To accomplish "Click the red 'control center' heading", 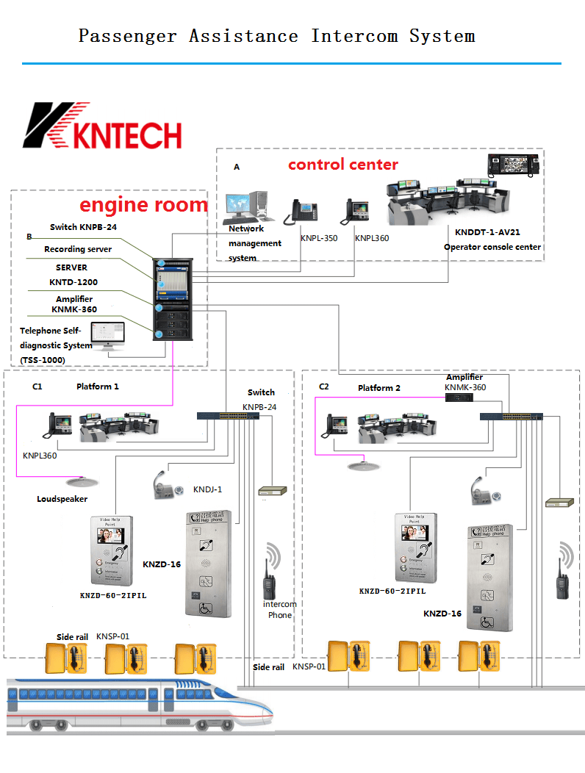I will tap(342, 165).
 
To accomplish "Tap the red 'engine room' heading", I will tap(143, 204).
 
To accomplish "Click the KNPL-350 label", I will tap(318, 238).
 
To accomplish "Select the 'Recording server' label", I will tap(78, 250).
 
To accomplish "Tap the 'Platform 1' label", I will tap(97, 386).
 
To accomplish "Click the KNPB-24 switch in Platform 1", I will tap(228, 416).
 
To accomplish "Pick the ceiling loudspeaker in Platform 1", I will tap(76, 482).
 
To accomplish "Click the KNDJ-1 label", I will tap(207, 489).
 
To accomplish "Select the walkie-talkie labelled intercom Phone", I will tap(269, 582).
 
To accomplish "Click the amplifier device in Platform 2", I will tap(459, 398).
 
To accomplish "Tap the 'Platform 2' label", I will tap(378, 388).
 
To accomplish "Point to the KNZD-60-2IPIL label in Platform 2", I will tap(392, 591).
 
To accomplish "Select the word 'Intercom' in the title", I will tap(353, 35).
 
